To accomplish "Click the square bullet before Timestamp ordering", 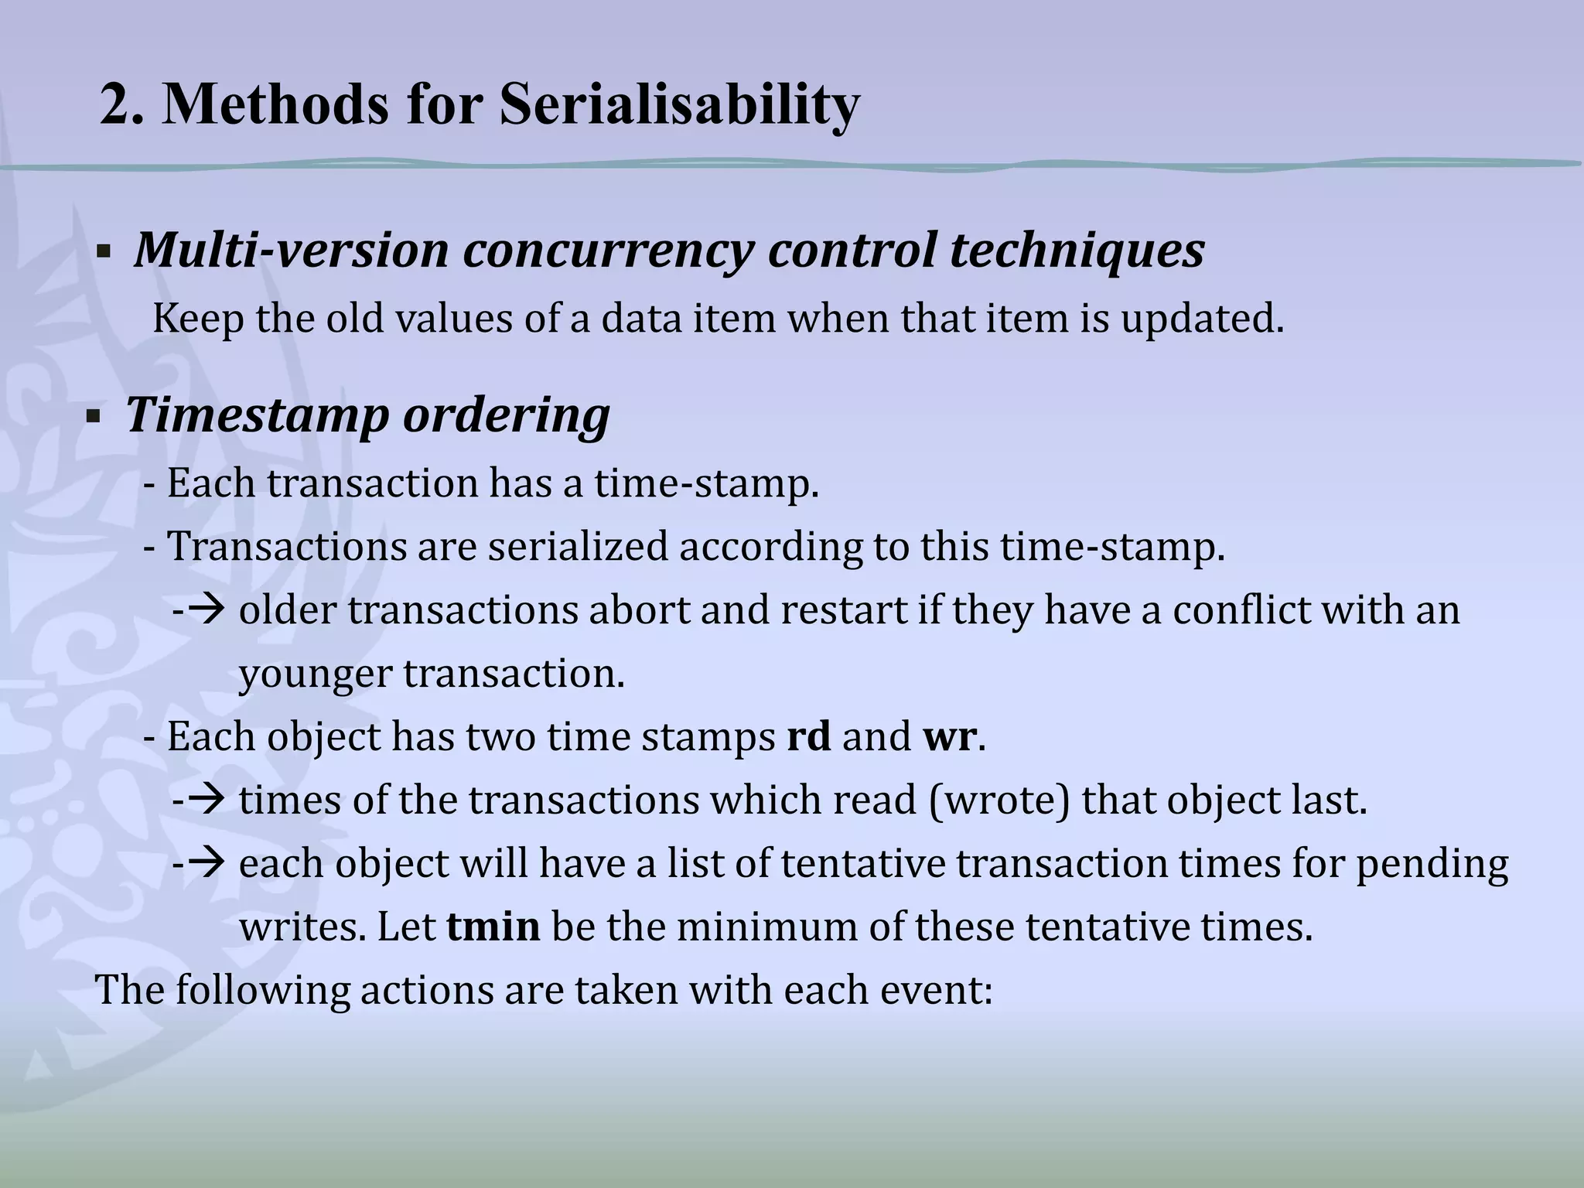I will pyautogui.click(x=94, y=418).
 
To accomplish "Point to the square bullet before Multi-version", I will pyautogui.click(x=103, y=253).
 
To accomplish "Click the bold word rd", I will pyautogui.click(x=808, y=736).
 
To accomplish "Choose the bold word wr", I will pyautogui.click(x=949, y=736).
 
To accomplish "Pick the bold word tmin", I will pyautogui.click(x=493, y=927).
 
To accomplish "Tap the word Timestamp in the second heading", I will pyautogui.click(x=258, y=415).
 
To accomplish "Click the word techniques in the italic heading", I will pyautogui.click(x=1077, y=250).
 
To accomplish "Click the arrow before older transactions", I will pyautogui.click(x=206, y=609).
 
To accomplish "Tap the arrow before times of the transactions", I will pyautogui.click(x=206, y=800).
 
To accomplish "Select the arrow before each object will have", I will pyautogui.click(x=206, y=863).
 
